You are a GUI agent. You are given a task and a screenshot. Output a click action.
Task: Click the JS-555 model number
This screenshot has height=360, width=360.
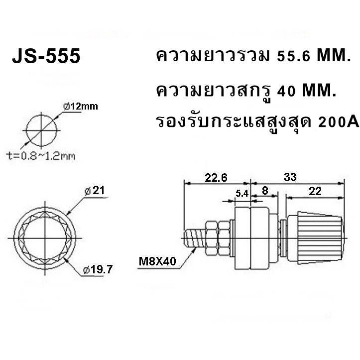point(46,56)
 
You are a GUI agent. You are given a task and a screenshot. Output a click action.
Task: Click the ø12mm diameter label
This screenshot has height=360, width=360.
point(81,106)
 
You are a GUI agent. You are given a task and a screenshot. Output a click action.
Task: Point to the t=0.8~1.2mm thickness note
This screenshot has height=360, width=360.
point(40,156)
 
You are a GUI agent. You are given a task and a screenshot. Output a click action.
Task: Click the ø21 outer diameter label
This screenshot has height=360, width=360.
point(95,191)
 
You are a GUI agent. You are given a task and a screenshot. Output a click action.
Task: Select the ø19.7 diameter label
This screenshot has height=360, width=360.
point(98,269)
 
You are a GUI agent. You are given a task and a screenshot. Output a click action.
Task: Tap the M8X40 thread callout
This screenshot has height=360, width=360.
point(157,261)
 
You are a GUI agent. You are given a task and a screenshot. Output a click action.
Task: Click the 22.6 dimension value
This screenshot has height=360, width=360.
point(216,177)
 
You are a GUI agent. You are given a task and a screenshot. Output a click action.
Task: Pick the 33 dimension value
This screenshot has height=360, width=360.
point(290,177)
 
